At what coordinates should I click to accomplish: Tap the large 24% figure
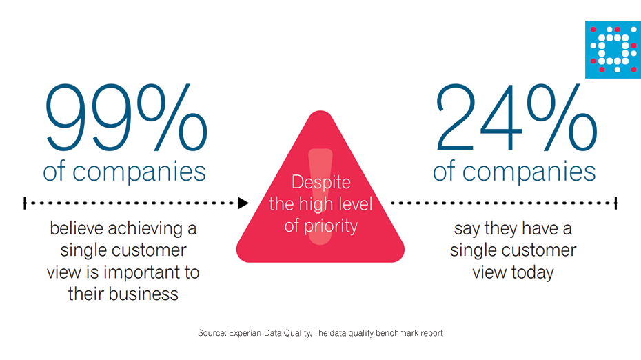click(515, 116)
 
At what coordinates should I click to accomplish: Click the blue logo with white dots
click(613, 49)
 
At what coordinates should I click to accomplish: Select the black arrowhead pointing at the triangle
click(243, 203)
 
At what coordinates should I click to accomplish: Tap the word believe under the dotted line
click(79, 228)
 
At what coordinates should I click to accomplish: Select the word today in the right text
click(532, 272)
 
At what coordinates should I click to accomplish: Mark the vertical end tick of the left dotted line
click(25, 203)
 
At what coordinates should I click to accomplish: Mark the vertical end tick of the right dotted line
click(615, 203)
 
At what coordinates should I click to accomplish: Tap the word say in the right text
click(466, 228)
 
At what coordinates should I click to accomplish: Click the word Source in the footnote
click(212, 333)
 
